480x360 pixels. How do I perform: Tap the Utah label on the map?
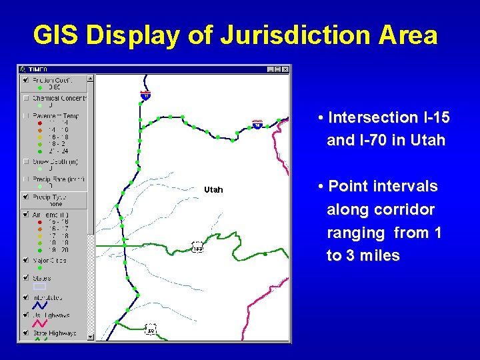pos(213,190)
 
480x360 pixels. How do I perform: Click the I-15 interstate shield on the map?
pos(145,95)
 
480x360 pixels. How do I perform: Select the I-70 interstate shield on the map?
pos(257,125)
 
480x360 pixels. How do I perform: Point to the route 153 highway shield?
pos(197,248)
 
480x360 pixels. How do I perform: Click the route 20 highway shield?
pos(151,329)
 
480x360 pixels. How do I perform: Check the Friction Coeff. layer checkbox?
pos(25,80)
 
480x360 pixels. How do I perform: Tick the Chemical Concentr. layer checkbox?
pos(25,98)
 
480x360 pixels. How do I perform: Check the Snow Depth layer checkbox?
pos(25,161)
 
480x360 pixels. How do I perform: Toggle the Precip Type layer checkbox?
pos(25,197)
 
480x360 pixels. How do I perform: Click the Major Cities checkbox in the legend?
pos(25,261)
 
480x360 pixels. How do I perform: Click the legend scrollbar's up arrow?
pos(91,78)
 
